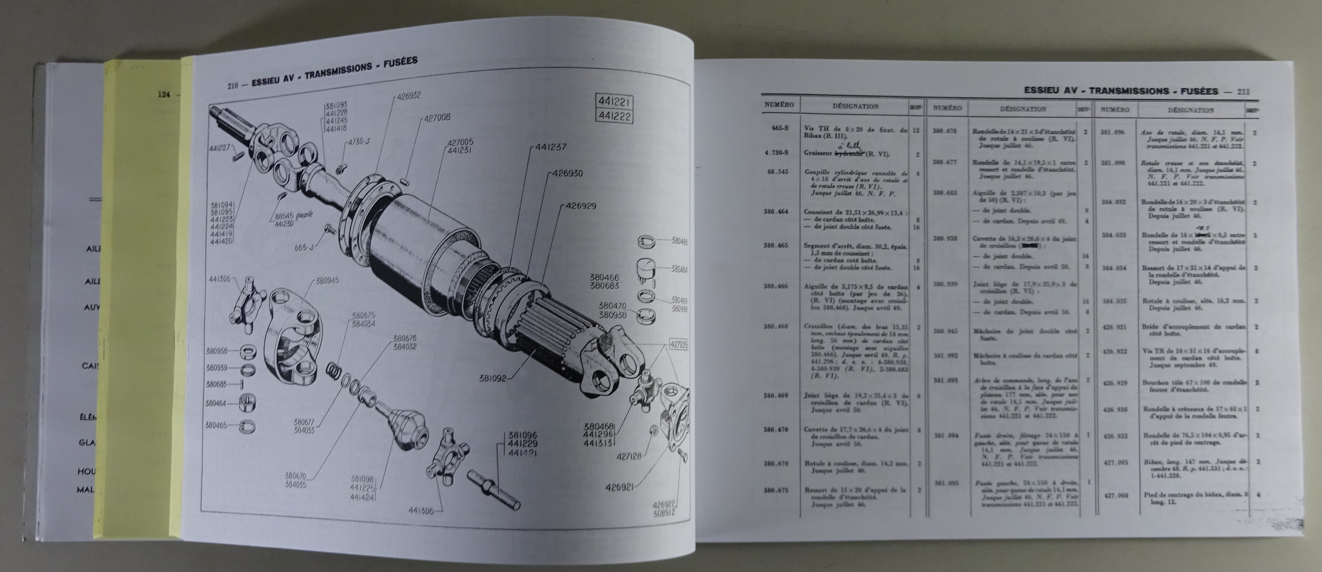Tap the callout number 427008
pos(437,117)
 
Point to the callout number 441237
pos(551,147)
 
